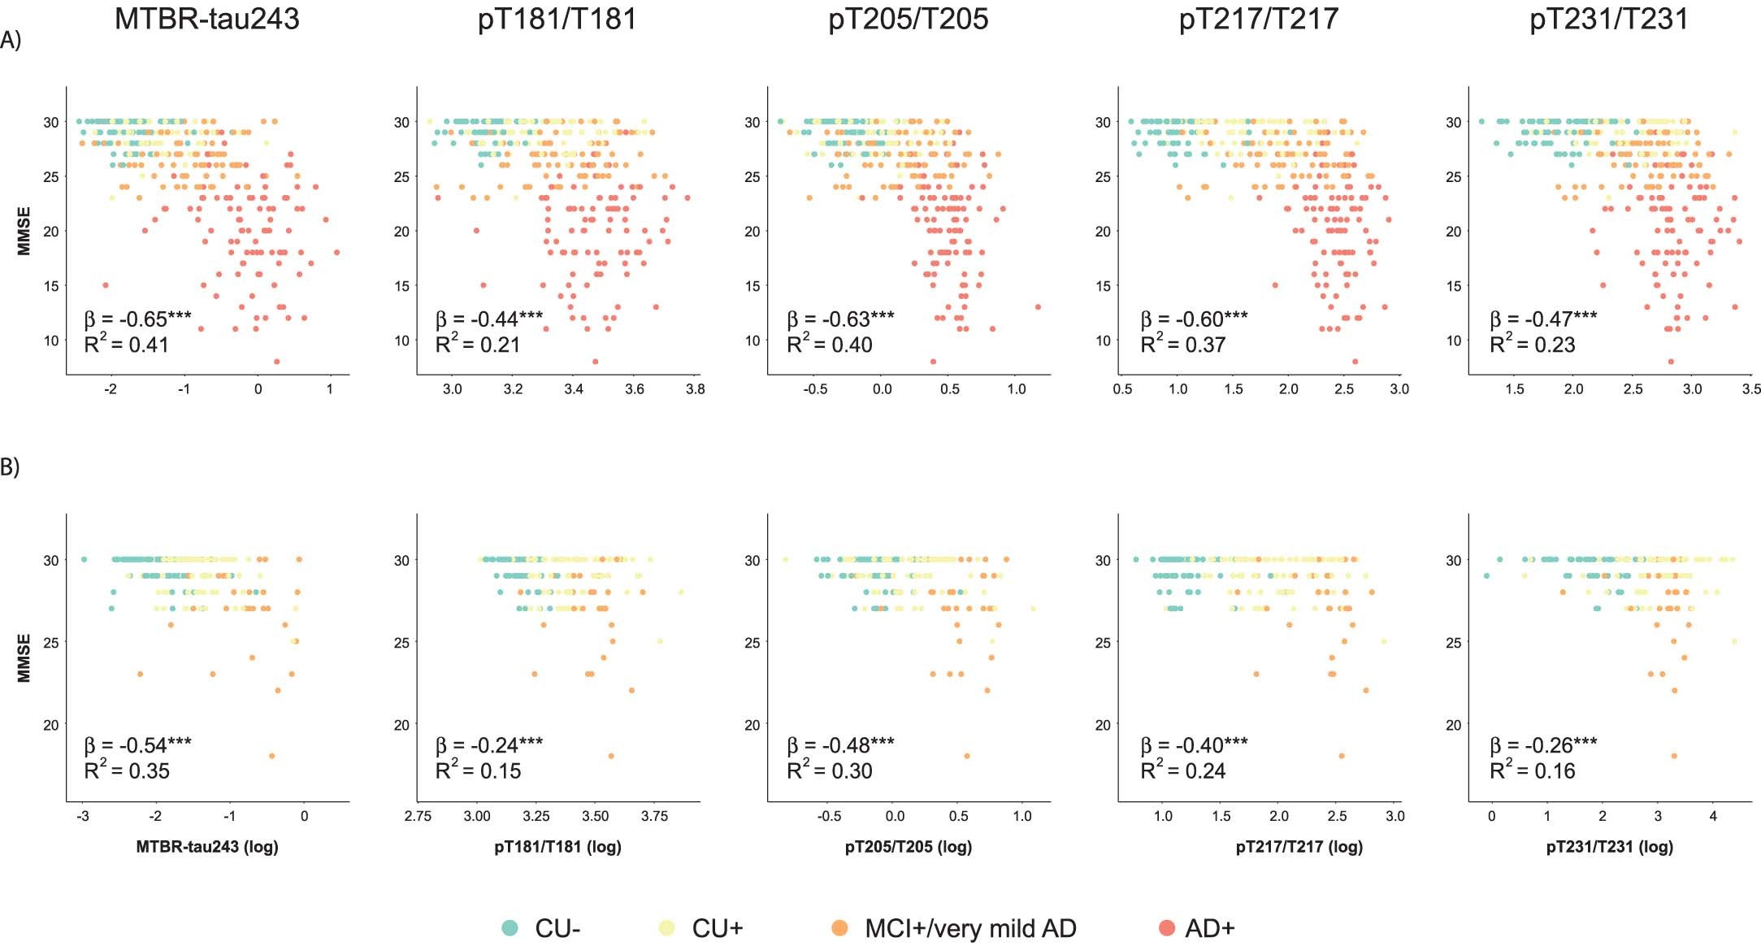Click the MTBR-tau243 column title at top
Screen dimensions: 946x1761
206,19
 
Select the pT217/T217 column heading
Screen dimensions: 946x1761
1258,19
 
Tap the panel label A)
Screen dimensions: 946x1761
11,40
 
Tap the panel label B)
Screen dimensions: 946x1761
11,467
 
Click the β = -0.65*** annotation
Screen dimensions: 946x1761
137,319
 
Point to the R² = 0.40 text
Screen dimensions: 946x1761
829,345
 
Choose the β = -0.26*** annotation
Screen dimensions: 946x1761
1542,745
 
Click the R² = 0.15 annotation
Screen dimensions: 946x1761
478,770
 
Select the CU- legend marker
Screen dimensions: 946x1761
510,928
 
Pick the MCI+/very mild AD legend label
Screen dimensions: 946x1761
970,928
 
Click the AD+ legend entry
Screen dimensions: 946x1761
1209,928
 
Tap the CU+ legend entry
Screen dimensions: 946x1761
717,928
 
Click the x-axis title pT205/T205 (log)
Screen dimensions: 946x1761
908,847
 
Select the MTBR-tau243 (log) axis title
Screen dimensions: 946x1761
206,847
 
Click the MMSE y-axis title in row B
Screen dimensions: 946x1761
24,657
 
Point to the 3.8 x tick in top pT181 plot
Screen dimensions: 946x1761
695,389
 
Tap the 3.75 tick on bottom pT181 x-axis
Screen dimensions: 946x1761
654,816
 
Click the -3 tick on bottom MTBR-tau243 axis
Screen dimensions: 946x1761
82,816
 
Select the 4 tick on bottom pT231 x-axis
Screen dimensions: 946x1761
1712,816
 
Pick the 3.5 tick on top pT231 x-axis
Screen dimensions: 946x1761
1750,389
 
